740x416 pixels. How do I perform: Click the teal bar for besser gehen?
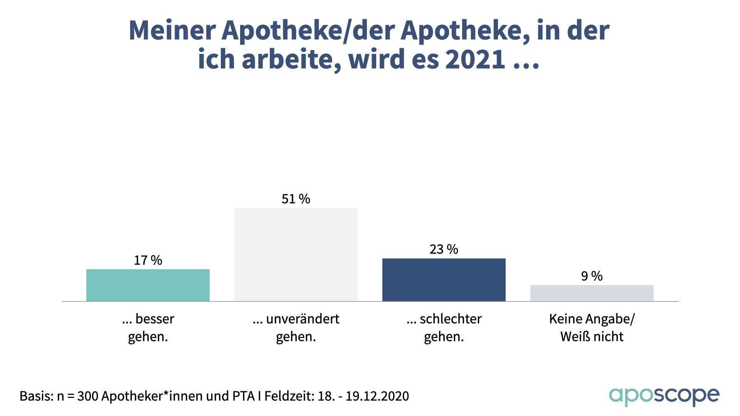tap(148, 285)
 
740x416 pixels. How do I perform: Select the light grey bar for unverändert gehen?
tap(296, 255)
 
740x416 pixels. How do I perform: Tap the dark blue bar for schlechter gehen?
tap(444, 280)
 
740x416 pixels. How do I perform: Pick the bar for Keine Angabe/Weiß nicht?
tap(592, 293)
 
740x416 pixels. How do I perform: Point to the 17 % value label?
tap(148, 260)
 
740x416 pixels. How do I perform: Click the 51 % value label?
tap(296, 199)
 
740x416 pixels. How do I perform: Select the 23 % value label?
tap(444, 249)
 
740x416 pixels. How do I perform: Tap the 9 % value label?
tap(592, 276)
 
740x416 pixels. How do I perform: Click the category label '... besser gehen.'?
tap(148, 327)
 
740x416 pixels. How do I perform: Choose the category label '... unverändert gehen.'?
tap(296, 327)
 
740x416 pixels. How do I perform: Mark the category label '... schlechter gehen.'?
tap(444, 327)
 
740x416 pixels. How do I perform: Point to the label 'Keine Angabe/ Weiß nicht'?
tap(592, 327)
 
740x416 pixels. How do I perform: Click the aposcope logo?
tap(664, 396)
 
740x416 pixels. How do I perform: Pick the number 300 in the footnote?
tap(88, 396)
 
